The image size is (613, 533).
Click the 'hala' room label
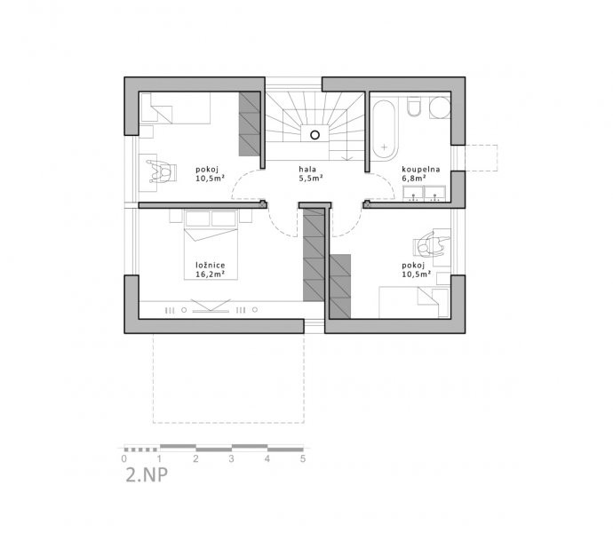(307, 170)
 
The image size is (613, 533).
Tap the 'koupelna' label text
(421, 170)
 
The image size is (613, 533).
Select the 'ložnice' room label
(211, 265)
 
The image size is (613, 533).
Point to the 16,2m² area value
(211, 274)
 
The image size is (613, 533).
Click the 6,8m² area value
(414, 179)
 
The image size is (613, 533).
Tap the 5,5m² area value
(311, 179)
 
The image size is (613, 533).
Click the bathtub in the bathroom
(385, 131)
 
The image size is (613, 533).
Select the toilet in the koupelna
(414, 106)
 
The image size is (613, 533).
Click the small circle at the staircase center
(314, 135)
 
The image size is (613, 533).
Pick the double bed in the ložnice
(211, 245)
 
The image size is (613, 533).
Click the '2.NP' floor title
(147, 474)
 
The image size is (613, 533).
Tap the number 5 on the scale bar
(303, 458)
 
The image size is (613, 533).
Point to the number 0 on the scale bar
(123, 458)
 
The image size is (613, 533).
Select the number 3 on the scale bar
(232, 458)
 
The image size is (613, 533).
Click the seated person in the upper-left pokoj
(161, 171)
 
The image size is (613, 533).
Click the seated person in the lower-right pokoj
(430, 244)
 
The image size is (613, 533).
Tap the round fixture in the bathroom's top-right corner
(440, 107)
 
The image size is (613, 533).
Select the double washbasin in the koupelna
(424, 193)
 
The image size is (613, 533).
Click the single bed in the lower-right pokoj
(414, 303)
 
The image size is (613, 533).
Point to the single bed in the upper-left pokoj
(175, 108)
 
